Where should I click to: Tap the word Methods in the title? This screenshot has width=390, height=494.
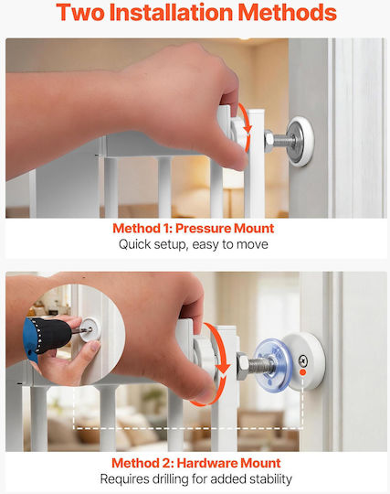(287, 13)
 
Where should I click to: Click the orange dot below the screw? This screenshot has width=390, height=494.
(302, 372)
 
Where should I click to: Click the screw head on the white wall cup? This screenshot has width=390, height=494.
(302, 359)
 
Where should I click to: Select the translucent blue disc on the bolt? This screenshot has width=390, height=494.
(270, 362)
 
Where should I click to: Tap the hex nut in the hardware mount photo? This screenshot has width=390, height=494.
(243, 366)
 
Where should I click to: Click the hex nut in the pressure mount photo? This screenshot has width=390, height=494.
(269, 142)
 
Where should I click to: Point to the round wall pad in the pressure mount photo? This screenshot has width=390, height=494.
(300, 142)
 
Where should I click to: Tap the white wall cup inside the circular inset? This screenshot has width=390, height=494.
(90, 329)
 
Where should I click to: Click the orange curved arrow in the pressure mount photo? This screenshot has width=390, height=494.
(246, 126)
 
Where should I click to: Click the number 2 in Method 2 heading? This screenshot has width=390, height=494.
(166, 463)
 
